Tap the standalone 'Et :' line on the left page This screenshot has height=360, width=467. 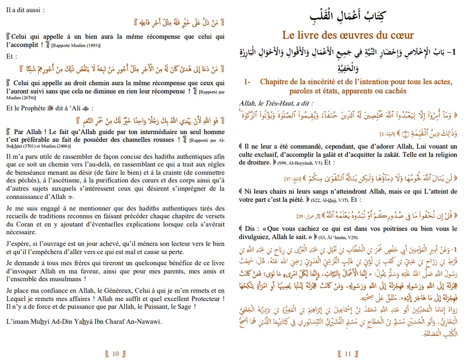pyautogui.click(x=13, y=56)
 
